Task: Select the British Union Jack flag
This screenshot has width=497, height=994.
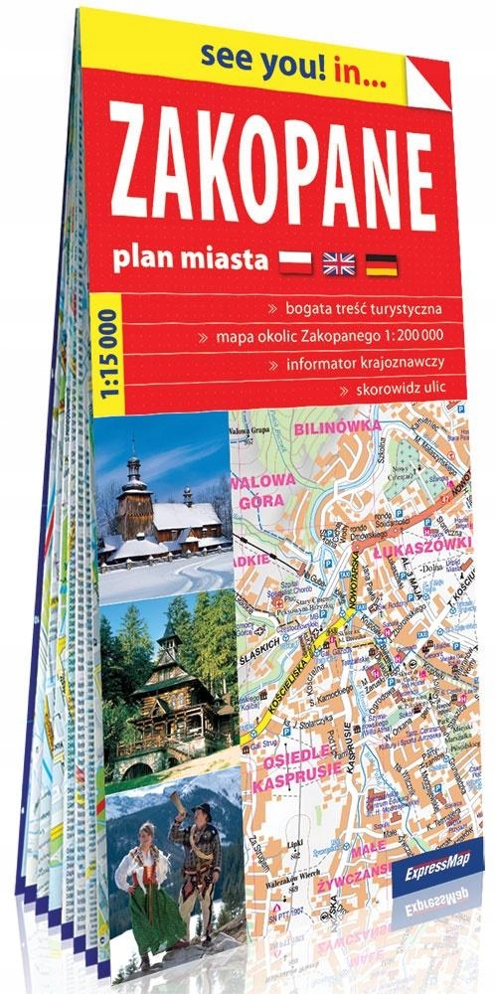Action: (x=338, y=262)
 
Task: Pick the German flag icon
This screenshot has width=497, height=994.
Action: (x=383, y=263)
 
